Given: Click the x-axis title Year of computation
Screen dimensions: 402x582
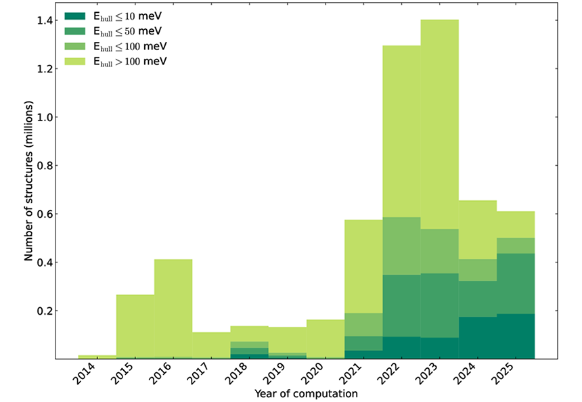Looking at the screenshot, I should click(306, 393).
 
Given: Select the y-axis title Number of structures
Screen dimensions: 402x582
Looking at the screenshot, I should click(29, 189).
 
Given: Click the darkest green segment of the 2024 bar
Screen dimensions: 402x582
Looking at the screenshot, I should click(478, 338).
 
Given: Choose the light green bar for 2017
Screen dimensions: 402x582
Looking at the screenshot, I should click(211, 345).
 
